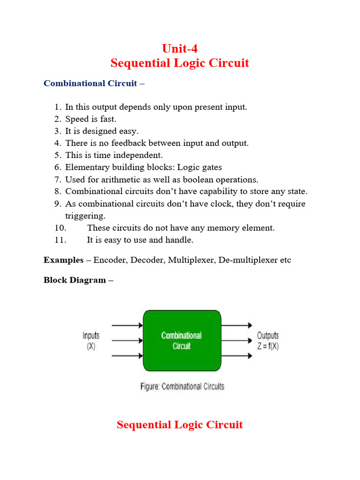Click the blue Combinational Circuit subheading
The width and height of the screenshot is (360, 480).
pos(90,83)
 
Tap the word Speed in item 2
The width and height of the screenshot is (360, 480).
pos(76,119)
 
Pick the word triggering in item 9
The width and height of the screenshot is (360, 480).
pos(85,216)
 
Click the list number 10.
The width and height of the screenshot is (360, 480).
pos(60,228)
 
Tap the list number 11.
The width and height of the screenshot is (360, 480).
pos(60,240)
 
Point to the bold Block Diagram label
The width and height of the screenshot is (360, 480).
pos(75,280)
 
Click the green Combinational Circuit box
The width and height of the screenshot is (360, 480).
pos(181,341)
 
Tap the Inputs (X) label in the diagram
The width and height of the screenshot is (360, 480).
pos(91,341)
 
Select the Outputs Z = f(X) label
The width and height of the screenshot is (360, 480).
pos(268,341)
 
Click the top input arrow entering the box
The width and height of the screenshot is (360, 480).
pos(127,325)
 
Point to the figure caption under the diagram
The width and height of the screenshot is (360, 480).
pos(182,387)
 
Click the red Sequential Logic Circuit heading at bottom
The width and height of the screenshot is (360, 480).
pos(180,425)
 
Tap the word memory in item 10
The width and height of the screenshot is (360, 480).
pos(211,228)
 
